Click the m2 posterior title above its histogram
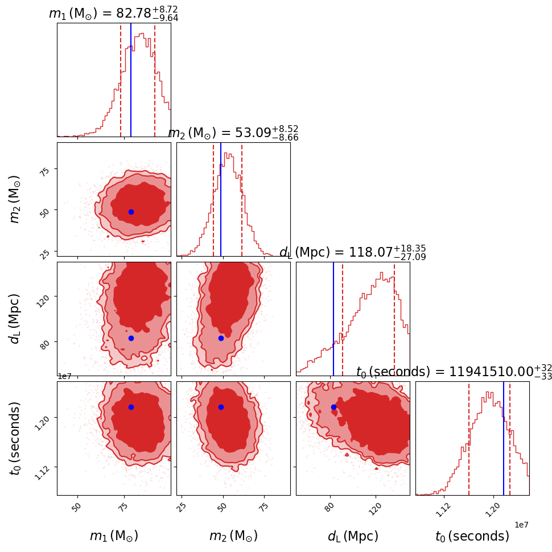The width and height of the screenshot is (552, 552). (233, 133)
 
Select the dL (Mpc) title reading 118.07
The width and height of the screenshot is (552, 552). (353, 252)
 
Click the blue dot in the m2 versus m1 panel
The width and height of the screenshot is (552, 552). (131, 212)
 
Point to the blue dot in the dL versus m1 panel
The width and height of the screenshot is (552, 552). (131, 338)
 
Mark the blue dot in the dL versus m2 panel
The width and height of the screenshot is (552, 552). (221, 338)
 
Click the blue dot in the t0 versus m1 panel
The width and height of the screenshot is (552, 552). (131, 407)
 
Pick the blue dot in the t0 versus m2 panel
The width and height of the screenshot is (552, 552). (221, 407)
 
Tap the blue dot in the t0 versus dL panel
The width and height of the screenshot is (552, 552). (333, 407)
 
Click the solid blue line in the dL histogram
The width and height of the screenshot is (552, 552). (333, 319)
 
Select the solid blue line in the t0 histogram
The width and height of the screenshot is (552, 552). (504, 438)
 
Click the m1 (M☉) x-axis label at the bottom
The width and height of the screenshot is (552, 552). (114, 536)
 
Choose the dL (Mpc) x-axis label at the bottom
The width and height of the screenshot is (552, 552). (353, 536)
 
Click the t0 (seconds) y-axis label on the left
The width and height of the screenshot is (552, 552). (16, 438)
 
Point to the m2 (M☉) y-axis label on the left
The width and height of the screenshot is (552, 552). (16, 199)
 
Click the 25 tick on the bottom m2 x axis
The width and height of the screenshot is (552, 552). (182, 505)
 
